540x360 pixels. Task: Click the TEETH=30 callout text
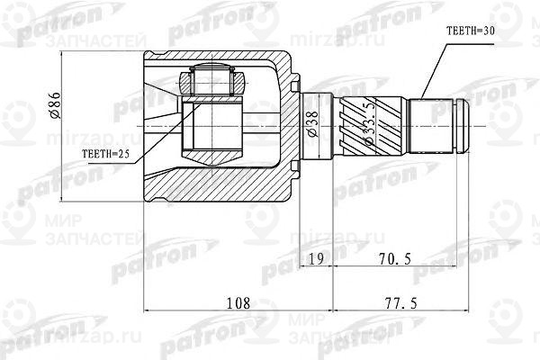click(472, 30)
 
